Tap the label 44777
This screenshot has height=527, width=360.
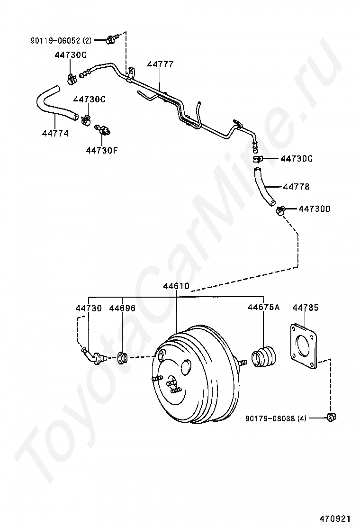click(160, 64)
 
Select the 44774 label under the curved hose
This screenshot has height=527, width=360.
click(55, 134)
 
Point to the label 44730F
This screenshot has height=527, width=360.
click(102, 150)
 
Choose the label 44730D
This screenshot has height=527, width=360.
click(315, 209)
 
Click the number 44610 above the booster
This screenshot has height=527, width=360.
click(176, 286)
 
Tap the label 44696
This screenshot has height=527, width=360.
click(122, 308)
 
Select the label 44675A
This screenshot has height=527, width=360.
click(263, 308)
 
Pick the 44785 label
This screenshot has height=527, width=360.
click(305, 308)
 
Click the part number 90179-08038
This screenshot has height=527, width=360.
click(270, 418)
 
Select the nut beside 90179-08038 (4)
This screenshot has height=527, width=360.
click(331, 417)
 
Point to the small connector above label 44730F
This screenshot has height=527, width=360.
click(102, 128)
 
